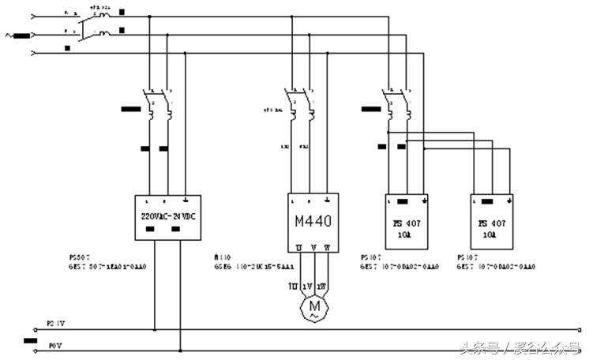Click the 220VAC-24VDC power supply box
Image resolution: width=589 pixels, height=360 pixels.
(x=163, y=216)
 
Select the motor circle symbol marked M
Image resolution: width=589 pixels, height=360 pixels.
(x=314, y=304)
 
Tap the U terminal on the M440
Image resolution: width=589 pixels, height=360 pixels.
(x=299, y=248)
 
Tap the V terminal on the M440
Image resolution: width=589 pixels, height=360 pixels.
(x=314, y=248)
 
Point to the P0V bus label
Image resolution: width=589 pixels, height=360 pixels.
(x=54, y=346)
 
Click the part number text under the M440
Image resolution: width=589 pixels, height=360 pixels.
(x=250, y=267)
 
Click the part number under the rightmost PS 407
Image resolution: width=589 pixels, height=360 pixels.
(x=496, y=267)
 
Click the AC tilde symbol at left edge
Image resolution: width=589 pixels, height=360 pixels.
(x=9, y=35)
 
